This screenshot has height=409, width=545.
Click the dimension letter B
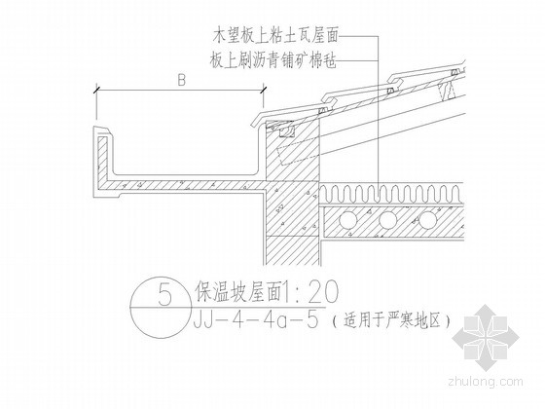tap(181, 81)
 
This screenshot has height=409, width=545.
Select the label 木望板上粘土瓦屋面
tap(275, 36)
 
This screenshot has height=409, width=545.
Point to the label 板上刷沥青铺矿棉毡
tap(273, 61)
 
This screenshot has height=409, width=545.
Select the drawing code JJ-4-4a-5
tap(255, 320)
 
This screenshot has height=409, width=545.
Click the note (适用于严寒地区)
tap(390, 320)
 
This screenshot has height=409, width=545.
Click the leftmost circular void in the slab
tap(348, 219)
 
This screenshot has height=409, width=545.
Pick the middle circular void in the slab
tap(388, 219)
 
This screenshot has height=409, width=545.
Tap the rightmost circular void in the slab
tap(427, 219)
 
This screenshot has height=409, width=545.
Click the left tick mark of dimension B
tap(96, 89)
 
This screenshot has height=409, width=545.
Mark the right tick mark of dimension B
tap(263, 89)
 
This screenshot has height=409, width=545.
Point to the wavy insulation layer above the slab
tap(391, 194)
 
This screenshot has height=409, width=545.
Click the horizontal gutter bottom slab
tap(184, 185)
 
